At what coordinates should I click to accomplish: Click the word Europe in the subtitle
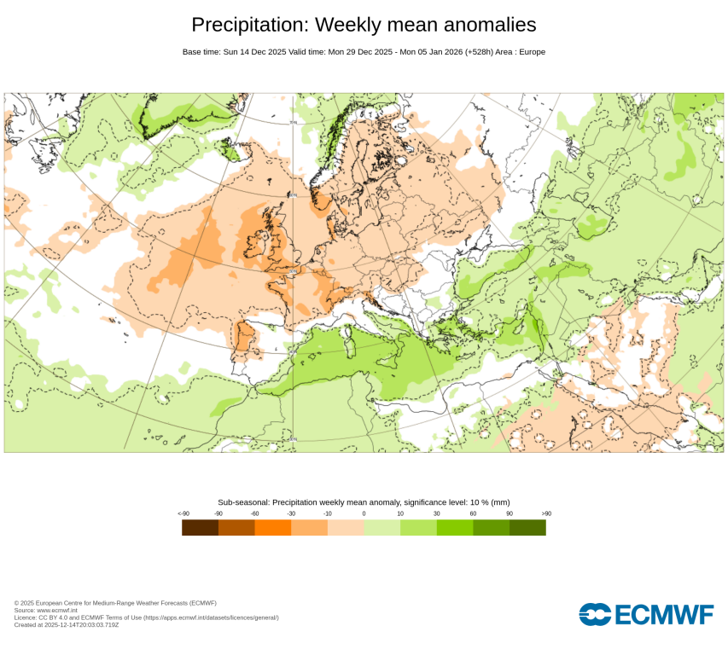[x=529, y=52]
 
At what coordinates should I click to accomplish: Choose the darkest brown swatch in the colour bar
[x=200, y=528]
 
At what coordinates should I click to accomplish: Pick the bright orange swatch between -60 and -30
[x=273, y=528]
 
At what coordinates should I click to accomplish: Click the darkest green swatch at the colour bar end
[x=527, y=528]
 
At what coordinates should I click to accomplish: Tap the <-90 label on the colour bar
[x=183, y=513]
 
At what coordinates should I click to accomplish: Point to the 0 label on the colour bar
[x=364, y=513]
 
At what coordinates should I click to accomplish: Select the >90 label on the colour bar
[x=545, y=513]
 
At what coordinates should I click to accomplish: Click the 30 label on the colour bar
[x=436, y=513]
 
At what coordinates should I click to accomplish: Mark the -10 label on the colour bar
[x=328, y=513]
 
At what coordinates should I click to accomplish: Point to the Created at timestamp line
[x=67, y=624]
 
